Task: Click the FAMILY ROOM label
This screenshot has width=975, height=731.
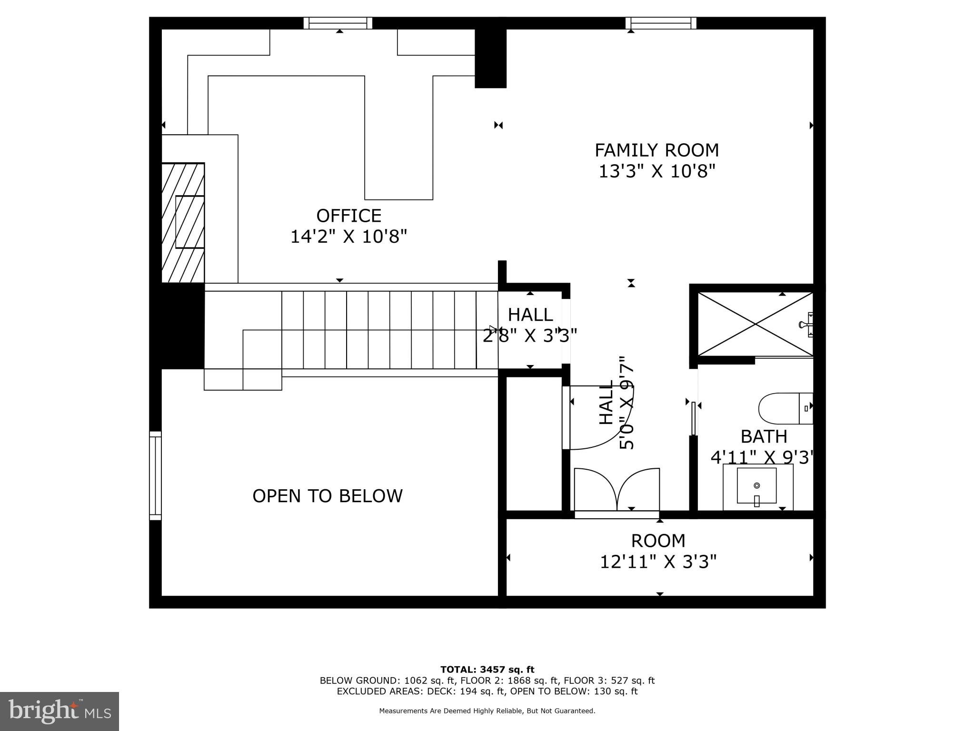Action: click(657, 150)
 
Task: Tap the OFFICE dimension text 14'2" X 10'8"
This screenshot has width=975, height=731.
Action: click(349, 237)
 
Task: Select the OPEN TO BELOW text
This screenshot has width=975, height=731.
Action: click(328, 496)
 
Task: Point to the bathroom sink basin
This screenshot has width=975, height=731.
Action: click(756, 486)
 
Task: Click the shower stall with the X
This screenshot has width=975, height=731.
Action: click(755, 324)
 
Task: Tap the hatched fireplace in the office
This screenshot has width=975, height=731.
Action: click(183, 223)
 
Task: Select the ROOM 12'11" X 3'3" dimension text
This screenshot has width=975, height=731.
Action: click(658, 562)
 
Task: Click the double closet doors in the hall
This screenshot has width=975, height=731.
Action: click(617, 490)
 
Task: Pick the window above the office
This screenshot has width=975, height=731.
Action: click(338, 23)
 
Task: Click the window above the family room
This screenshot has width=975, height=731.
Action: click(661, 23)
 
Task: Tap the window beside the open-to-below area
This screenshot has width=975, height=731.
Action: click(155, 475)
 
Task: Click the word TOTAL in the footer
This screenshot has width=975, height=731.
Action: click(457, 670)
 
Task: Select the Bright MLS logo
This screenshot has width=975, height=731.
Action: click(60, 711)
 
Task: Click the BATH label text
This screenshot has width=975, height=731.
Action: click(764, 436)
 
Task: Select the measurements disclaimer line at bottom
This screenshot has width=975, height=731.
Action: click(487, 711)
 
